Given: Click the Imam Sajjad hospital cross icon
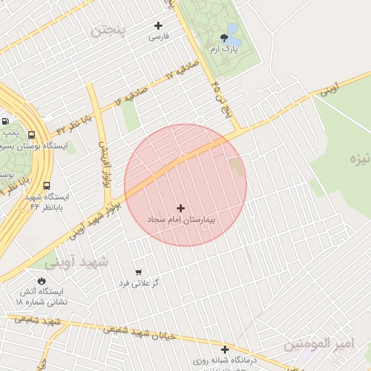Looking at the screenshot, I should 180,208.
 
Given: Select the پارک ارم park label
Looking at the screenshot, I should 224,49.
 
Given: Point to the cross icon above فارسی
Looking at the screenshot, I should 158,25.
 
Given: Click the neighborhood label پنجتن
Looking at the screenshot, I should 108,30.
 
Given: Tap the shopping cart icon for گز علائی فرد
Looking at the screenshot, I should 138,272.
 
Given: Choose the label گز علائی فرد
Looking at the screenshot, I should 139,283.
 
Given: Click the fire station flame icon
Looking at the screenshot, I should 41,280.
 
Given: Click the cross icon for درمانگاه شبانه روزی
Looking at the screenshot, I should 225,349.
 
